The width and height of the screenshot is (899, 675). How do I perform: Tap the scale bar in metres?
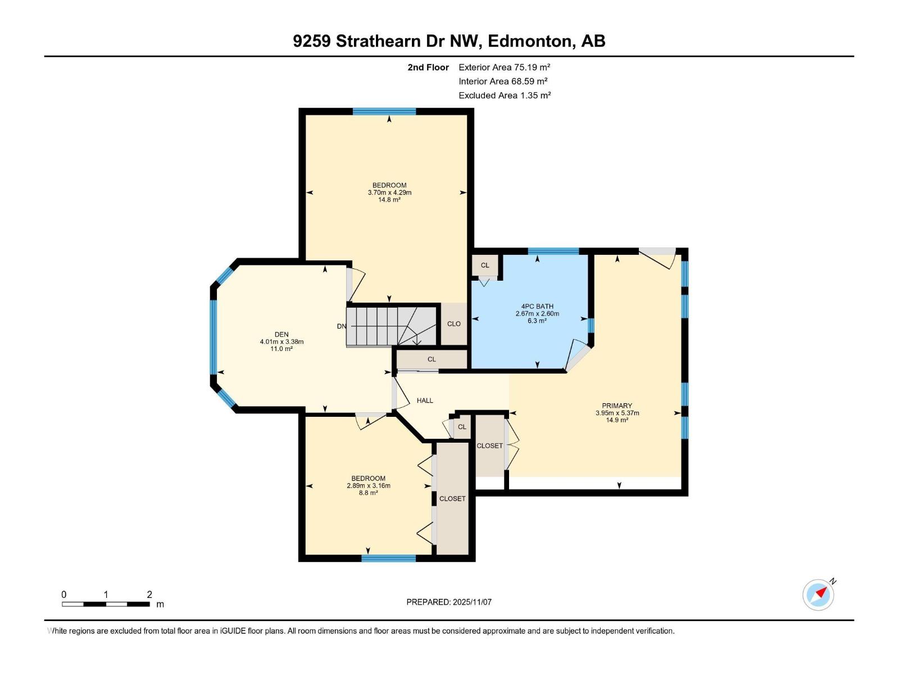(x=106, y=604)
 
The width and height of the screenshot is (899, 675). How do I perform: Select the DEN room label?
(x=281, y=335)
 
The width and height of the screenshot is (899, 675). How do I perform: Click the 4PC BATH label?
(x=537, y=307)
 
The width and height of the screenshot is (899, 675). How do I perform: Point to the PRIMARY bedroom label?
(x=617, y=406)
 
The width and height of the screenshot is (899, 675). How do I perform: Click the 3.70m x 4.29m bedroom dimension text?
(x=389, y=192)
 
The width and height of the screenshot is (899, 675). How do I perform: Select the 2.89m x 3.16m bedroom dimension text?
(x=369, y=485)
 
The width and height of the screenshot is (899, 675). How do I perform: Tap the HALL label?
(x=425, y=400)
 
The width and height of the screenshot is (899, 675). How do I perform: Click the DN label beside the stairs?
(x=341, y=326)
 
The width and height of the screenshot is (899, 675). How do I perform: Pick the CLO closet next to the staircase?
(x=454, y=324)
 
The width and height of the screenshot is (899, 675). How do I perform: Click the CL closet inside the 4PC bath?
(x=485, y=265)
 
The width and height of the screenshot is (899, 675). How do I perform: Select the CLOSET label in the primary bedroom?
(x=490, y=445)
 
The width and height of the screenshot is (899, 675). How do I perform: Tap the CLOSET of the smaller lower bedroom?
(x=452, y=498)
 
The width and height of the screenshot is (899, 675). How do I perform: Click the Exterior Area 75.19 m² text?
(x=504, y=67)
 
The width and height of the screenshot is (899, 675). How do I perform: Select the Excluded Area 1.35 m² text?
(x=504, y=95)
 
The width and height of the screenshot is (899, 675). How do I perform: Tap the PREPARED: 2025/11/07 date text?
(x=449, y=602)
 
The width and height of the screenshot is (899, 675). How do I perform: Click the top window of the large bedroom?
(x=384, y=111)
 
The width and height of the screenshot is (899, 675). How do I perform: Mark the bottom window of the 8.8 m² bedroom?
(x=389, y=559)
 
